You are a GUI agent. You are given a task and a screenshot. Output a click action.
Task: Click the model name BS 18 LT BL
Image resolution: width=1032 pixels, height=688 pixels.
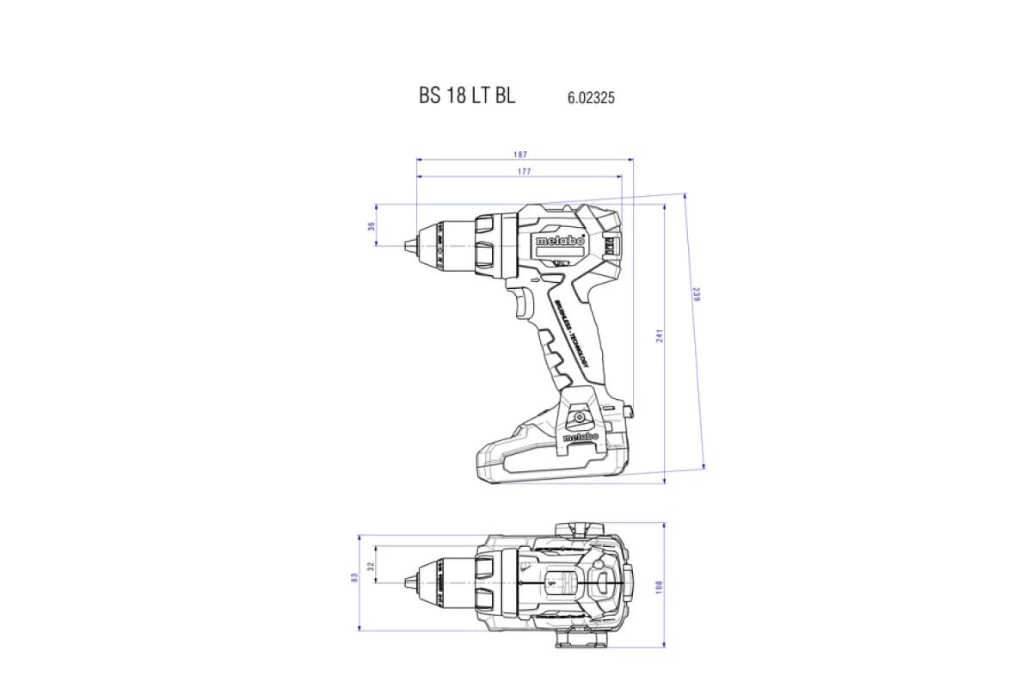(x=467, y=96)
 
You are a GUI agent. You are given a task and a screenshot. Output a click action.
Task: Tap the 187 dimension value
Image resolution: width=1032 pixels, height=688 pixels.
(x=519, y=155)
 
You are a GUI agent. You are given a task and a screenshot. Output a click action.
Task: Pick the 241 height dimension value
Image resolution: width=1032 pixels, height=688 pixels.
(x=660, y=336)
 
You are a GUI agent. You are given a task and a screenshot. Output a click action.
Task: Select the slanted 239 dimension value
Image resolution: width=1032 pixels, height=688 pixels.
(x=696, y=295)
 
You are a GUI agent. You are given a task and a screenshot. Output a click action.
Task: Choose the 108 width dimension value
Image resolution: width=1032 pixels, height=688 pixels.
(x=660, y=586)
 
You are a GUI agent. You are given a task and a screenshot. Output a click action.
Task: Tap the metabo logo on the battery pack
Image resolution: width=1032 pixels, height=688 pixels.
(x=581, y=439)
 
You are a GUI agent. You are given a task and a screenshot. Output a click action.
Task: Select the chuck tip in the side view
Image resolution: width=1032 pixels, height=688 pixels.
(x=408, y=245)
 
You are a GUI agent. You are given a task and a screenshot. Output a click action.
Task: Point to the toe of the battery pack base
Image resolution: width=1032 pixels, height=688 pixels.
(x=482, y=464)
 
